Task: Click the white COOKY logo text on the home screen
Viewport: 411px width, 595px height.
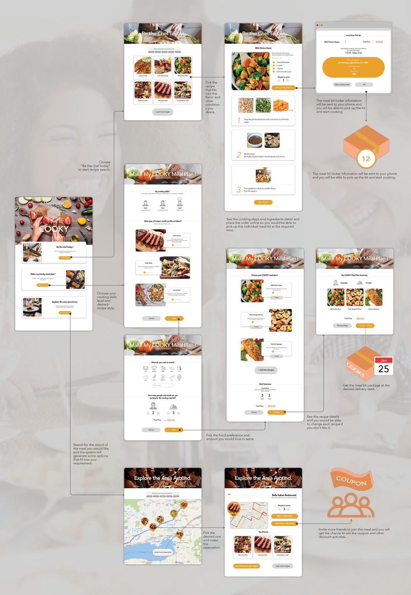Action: coord(54,229)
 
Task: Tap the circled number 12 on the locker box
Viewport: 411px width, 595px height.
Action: coord(366,159)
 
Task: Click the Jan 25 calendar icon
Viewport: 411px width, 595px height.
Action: coord(384,366)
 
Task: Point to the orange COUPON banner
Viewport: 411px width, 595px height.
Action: coord(352,481)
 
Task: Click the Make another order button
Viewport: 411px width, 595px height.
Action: coord(342,85)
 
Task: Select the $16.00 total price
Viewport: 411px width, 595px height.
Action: coord(379,42)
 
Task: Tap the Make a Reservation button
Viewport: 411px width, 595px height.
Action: coord(284,516)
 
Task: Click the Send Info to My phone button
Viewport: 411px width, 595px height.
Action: coord(284,523)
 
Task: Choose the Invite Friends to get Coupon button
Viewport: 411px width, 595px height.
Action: coord(246,566)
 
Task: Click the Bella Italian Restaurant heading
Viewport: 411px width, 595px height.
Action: coord(284,495)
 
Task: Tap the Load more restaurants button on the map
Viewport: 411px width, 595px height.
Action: coord(162,552)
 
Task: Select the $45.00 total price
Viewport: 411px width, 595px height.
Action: coord(171,420)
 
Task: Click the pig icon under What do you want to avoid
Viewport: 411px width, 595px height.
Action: coord(146,368)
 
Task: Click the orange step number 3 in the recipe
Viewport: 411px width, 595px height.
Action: coord(239,190)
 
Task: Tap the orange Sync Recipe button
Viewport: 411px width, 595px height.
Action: coord(263,202)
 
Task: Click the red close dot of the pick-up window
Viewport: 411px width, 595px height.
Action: coord(318,25)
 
